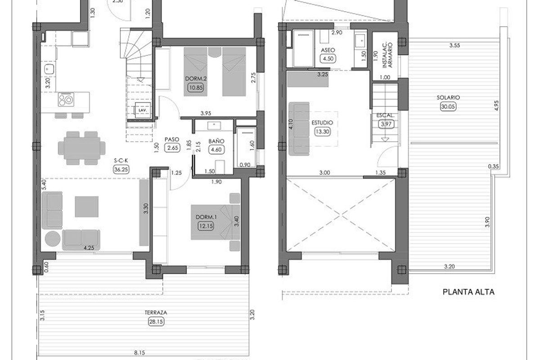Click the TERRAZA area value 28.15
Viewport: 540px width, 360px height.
(155, 321)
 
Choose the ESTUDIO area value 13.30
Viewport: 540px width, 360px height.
(322, 131)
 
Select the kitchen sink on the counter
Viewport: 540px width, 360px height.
(49, 69)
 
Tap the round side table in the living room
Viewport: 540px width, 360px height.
(53, 238)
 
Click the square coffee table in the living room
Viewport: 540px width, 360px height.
(86, 207)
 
